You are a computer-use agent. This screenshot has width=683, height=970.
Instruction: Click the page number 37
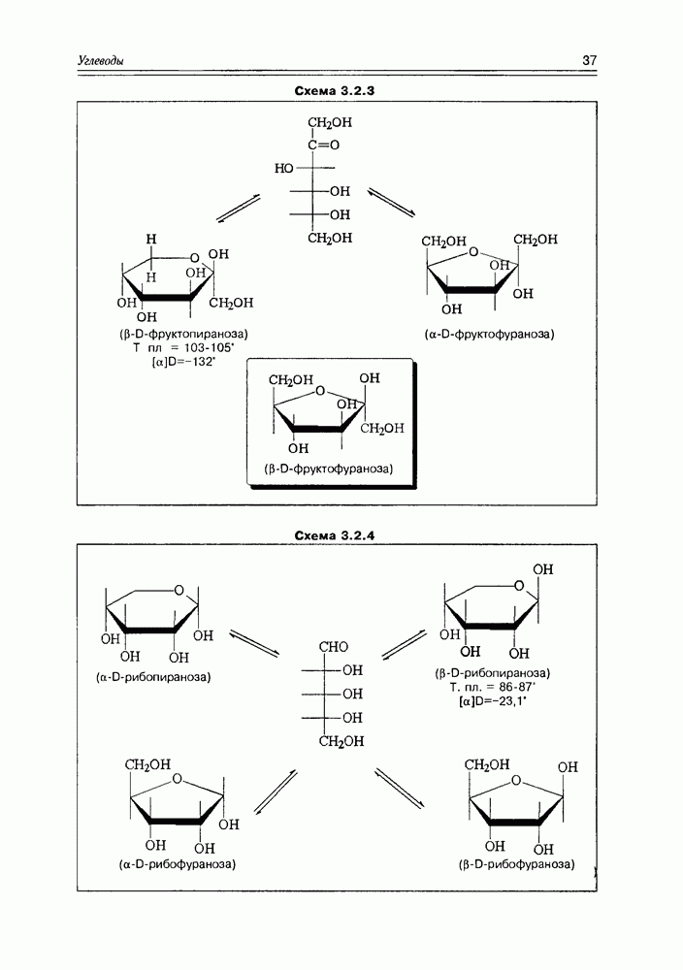(589, 61)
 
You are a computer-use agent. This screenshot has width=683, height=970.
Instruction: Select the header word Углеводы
(101, 61)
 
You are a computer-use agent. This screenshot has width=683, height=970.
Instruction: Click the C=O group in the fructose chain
(325, 145)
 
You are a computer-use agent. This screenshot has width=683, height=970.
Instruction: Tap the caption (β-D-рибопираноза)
(493, 672)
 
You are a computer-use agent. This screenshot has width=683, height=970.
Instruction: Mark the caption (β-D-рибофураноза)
(513, 863)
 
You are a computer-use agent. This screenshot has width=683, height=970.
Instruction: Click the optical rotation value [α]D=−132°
(184, 362)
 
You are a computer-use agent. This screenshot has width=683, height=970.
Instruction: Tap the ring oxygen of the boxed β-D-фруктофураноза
(316, 392)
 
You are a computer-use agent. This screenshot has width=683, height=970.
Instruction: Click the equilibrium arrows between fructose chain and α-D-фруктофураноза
(391, 202)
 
